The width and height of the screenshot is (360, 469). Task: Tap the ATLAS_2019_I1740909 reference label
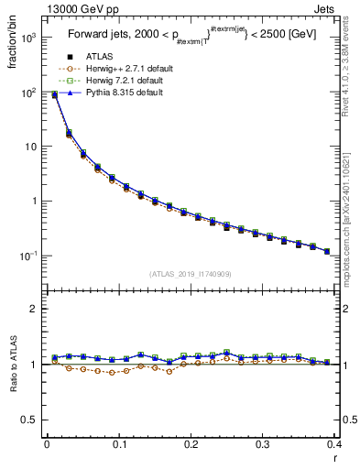click(x=190, y=273)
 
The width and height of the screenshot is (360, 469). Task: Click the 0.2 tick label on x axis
click(x=191, y=444)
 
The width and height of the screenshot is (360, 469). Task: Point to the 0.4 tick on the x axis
click(x=334, y=444)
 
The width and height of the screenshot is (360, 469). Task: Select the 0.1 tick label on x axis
click(x=119, y=444)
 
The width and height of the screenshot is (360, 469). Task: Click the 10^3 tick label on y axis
click(x=28, y=38)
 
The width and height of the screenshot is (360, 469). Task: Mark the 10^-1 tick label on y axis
click(x=28, y=256)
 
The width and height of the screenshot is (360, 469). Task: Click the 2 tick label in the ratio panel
click(x=35, y=309)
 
